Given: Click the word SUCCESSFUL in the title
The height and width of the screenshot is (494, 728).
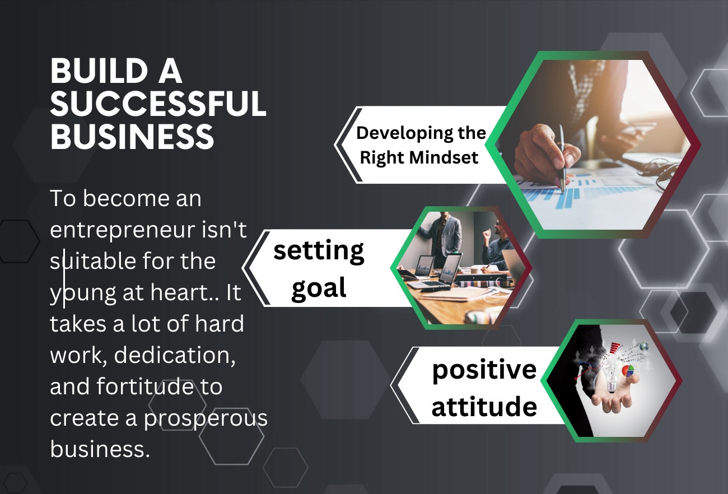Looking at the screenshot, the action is [x=158, y=104].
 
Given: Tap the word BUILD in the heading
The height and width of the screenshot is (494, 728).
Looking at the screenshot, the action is [x=99, y=71].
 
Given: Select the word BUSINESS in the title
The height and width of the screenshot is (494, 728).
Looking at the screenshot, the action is [x=132, y=136].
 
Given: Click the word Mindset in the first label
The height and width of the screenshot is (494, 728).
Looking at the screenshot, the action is [x=444, y=157].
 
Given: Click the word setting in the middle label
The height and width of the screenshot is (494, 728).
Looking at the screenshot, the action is [x=319, y=251].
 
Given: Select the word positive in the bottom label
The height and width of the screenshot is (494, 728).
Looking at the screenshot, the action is [x=484, y=371].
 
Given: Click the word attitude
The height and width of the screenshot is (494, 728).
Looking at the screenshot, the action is [x=484, y=406].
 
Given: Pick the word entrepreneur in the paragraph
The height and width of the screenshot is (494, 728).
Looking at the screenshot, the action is [x=123, y=230].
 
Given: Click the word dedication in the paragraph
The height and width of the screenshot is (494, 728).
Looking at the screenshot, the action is [x=175, y=355].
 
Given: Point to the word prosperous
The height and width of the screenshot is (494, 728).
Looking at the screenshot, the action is [x=206, y=418].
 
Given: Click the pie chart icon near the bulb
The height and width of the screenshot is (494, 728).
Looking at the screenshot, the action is [x=628, y=371].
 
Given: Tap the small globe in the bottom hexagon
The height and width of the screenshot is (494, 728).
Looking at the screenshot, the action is [x=644, y=347].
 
